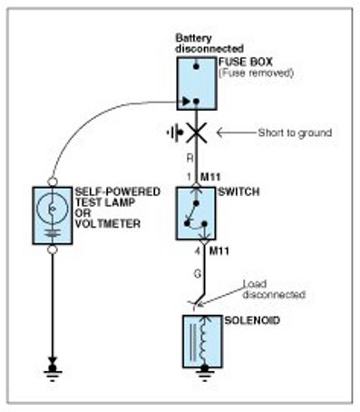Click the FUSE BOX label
[246, 62]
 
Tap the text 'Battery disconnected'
[209, 44]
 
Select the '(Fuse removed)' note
[256, 73]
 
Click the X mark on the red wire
[197, 132]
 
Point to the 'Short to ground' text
[295, 132]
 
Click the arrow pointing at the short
[237, 132]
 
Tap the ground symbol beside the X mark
[175, 132]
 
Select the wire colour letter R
[190, 158]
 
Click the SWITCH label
[238, 191]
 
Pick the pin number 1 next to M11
[190, 177]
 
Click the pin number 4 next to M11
[198, 251]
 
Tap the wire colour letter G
[198, 274]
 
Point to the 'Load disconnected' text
[274, 289]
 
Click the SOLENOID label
[252, 320]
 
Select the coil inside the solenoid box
[205, 338]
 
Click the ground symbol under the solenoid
[205, 372]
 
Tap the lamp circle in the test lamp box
[53, 209]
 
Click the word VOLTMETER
[108, 224]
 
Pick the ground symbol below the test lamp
[53, 370]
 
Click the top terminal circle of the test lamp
[53, 181]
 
